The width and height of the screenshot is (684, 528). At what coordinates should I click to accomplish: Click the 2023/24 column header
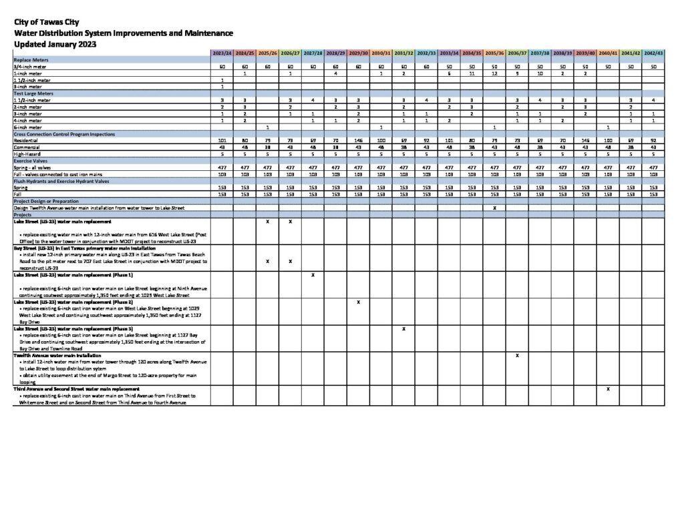pyautogui.click(x=222, y=52)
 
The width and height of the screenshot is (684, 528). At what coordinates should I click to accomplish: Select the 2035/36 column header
pyautogui.click(x=494, y=52)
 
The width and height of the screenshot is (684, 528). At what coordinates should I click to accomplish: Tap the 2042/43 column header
pyautogui.click(x=654, y=52)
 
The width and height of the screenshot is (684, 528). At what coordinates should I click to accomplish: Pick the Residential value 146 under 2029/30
pyautogui.click(x=358, y=140)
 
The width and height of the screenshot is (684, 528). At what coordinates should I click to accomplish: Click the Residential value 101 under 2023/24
pyautogui.click(x=222, y=140)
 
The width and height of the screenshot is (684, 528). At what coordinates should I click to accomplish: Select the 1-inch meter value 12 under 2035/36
pyautogui.click(x=494, y=73)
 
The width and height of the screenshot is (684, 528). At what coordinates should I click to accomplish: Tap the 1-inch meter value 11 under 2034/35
pyautogui.click(x=472, y=73)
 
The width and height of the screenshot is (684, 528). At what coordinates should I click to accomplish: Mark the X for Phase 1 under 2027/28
pyautogui.click(x=313, y=275)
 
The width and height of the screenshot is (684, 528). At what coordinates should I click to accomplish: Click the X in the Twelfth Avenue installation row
pyautogui.click(x=517, y=356)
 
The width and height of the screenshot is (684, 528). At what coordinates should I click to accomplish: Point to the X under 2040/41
pyautogui.click(x=608, y=388)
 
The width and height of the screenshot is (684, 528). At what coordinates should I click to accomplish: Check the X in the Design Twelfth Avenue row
pyautogui.click(x=494, y=208)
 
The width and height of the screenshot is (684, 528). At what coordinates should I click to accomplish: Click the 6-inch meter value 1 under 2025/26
pyautogui.click(x=267, y=127)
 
